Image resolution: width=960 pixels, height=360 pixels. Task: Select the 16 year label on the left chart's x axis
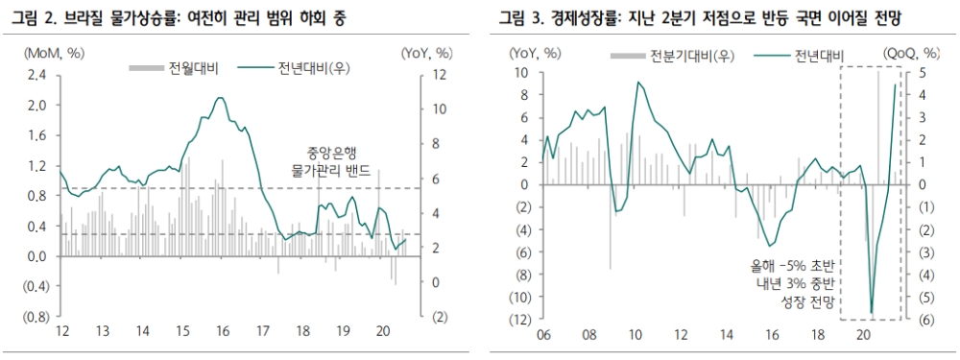222,331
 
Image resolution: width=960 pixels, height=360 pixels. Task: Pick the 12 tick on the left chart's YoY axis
437,75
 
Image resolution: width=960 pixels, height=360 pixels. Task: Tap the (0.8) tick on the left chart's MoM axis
36,317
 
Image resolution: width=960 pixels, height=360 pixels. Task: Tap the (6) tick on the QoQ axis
914,319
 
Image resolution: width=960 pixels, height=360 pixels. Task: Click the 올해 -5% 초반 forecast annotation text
795,265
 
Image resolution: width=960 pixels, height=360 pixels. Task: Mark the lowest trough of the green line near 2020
872,313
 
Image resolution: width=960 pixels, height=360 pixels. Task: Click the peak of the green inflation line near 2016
221,97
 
